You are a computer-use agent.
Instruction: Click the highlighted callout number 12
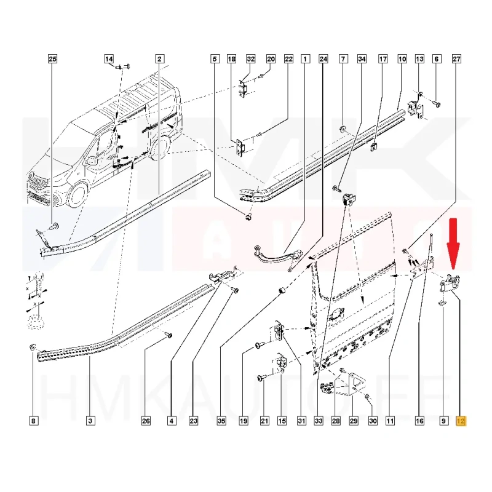pyautogui.click(x=461, y=421)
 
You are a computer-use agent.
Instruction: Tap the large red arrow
pyautogui.click(x=454, y=243)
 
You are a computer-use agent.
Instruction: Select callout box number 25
pyautogui.click(x=52, y=59)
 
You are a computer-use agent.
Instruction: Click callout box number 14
pyautogui.click(x=108, y=59)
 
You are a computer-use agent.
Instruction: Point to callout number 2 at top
pyautogui.click(x=159, y=59)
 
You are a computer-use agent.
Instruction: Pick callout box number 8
pyautogui.click(x=33, y=421)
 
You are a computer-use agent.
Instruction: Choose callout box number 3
pyautogui.click(x=90, y=421)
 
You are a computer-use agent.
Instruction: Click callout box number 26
pyautogui.click(x=146, y=421)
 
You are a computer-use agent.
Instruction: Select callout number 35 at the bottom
pyautogui.click(x=221, y=421)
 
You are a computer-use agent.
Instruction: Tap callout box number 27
pyautogui.click(x=456, y=59)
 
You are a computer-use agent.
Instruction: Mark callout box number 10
pyautogui.click(x=402, y=59)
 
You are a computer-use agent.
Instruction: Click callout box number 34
pyautogui.click(x=362, y=59)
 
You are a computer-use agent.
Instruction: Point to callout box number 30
pyautogui.click(x=373, y=421)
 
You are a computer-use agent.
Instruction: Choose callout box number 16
pyautogui.click(x=420, y=421)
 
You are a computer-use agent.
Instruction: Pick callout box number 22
pyautogui.click(x=288, y=59)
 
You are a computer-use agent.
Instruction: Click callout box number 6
pyautogui.click(x=437, y=59)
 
